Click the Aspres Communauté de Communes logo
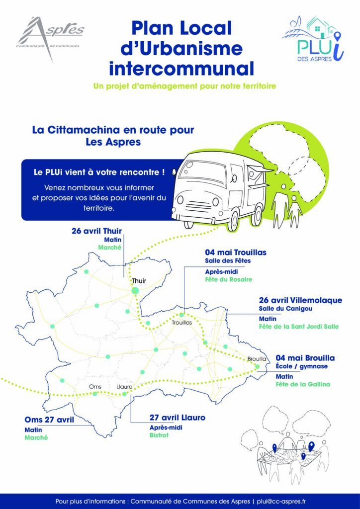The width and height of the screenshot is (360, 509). point(50,37)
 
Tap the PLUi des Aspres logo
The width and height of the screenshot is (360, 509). point(313,38)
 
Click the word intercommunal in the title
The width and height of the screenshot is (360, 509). point(181,68)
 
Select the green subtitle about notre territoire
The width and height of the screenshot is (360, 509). point(184,86)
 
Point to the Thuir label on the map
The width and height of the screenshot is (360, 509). point(139,281)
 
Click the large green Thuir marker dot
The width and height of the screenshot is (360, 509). point(135,290)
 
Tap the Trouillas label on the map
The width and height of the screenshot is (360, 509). point(182,322)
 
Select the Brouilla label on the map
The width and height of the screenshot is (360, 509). point(257,359)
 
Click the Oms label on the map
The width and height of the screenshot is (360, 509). point(95,387)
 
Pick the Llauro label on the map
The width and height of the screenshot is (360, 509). point(124,387)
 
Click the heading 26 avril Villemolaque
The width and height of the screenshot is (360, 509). point(301,300)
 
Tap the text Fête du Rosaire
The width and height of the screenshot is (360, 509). point(229,279)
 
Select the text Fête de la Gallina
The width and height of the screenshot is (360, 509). point(303,384)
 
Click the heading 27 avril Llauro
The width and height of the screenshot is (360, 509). point(178,418)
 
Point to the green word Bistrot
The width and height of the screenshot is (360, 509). point(159,435)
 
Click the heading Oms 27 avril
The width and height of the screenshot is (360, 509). point(49,420)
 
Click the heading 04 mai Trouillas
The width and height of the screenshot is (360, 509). point(236,252)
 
